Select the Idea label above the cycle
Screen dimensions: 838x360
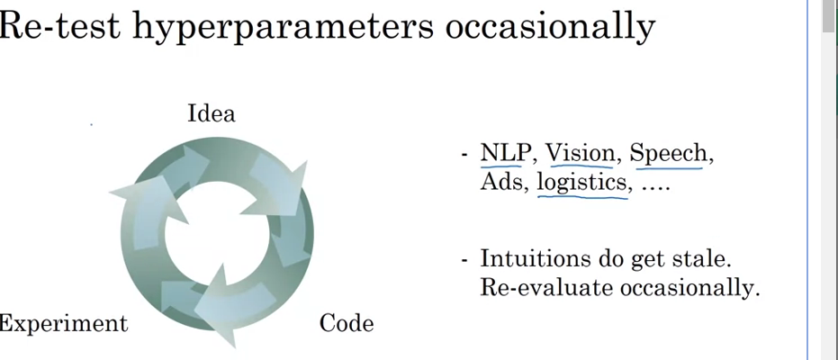pyautogui.click(x=211, y=114)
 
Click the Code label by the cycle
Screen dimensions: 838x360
pyautogui.click(x=347, y=323)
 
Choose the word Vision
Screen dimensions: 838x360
pyautogui.click(x=580, y=153)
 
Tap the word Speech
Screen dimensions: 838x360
pyautogui.click(x=668, y=153)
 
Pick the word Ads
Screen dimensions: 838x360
pyautogui.click(x=500, y=183)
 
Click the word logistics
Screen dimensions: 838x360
pyautogui.click(x=582, y=183)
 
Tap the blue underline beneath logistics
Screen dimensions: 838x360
pyautogui.click(x=582, y=195)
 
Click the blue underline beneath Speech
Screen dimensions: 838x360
pyautogui.click(x=668, y=166)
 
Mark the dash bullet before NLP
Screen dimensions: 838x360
pyautogui.click(x=464, y=155)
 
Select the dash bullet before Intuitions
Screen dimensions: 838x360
pyautogui.click(x=464, y=260)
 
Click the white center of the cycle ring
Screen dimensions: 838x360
pyautogui.click(x=216, y=236)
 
